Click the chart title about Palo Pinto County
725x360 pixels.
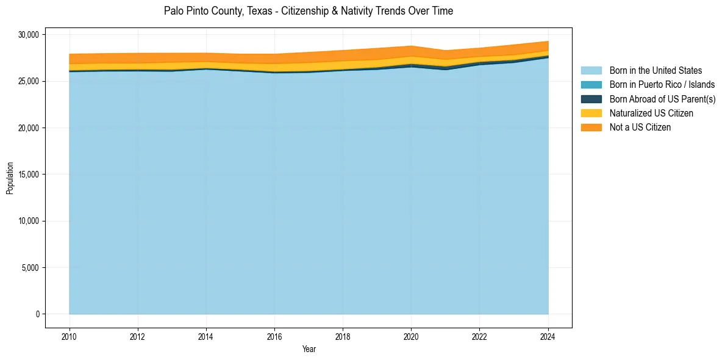[x=309, y=11]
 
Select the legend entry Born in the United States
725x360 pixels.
[x=655, y=71]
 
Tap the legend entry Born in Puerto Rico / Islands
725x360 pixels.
[x=662, y=85]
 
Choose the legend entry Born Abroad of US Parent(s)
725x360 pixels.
[x=662, y=99]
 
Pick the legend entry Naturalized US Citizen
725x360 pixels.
[x=651, y=113]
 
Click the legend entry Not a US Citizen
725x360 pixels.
[x=640, y=128]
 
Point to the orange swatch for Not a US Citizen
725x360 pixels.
[x=591, y=128]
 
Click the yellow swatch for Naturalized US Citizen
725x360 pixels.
[x=591, y=113]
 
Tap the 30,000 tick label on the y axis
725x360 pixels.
[x=28, y=35]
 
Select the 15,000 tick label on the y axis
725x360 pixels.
[x=28, y=175]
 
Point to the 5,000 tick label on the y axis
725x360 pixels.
[x=30, y=268]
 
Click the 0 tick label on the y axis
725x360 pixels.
[x=38, y=314]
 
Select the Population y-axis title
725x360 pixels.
[x=10, y=178]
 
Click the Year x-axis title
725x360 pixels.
[x=309, y=349]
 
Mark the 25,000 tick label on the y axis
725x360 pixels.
[x=28, y=81]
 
